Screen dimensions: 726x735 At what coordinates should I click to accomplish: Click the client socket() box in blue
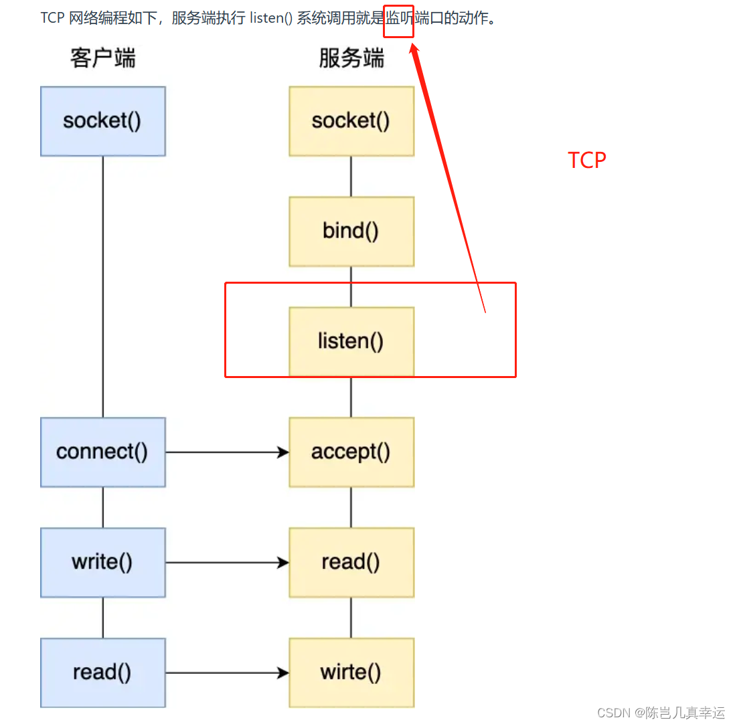tap(102, 121)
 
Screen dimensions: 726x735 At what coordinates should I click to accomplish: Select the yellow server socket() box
tap(351, 121)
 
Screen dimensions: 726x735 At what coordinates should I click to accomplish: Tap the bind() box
tap(351, 232)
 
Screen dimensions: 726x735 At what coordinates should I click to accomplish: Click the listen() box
tap(351, 341)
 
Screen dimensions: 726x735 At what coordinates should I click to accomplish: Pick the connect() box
tap(102, 452)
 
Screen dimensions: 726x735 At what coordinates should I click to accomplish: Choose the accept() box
tap(351, 452)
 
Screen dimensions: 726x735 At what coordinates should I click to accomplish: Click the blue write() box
tap(102, 562)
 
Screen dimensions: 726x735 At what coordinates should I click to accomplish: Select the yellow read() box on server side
tap(351, 562)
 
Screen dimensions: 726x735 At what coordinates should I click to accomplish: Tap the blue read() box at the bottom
tap(102, 672)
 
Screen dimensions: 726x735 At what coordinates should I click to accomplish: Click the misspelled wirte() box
tap(351, 672)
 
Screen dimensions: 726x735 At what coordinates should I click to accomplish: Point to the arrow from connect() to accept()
tap(227, 452)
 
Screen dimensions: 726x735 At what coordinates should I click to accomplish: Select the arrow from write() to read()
tap(227, 563)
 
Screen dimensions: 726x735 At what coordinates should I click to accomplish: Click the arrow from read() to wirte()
tap(227, 673)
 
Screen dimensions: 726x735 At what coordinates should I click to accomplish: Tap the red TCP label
tap(587, 161)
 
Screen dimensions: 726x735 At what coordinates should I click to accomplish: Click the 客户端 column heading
tap(102, 59)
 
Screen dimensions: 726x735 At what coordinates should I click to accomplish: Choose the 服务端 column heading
tap(351, 59)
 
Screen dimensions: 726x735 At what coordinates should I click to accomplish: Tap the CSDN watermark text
tap(660, 713)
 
